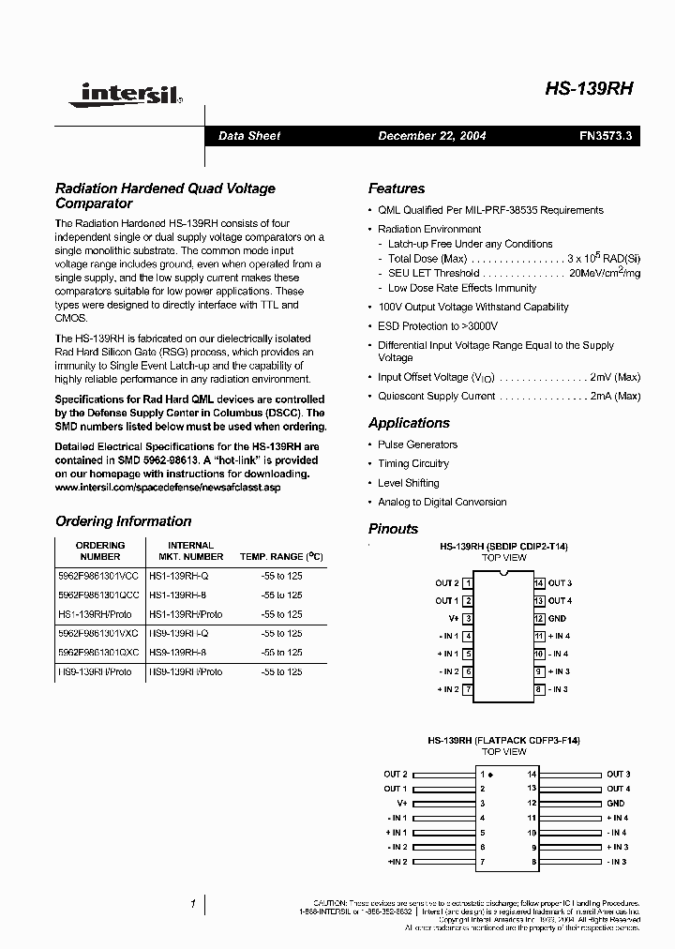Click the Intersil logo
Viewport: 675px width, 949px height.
(x=130, y=93)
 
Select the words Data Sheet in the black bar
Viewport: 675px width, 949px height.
(x=248, y=136)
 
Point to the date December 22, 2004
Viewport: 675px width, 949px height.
(x=431, y=136)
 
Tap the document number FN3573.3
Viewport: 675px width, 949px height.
(x=606, y=136)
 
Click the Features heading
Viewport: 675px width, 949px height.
(x=396, y=188)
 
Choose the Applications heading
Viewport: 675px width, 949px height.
(x=409, y=423)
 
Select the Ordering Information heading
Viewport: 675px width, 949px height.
(x=123, y=521)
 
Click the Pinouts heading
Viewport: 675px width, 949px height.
(x=393, y=529)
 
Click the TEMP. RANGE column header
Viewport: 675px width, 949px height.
(x=281, y=557)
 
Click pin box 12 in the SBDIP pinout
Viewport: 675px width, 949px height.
(x=539, y=619)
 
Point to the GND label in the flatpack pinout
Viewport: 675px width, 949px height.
(x=615, y=804)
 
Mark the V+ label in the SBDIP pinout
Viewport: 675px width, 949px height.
(x=453, y=619)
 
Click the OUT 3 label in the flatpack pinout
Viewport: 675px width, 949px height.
(x=617, y=775)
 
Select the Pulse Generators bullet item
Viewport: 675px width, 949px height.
(x=417, y=444)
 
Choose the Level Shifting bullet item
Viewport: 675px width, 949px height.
(x=408, y=483)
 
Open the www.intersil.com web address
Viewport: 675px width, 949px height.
(x=168, y=488)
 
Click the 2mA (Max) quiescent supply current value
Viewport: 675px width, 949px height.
(x=615, y=397)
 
